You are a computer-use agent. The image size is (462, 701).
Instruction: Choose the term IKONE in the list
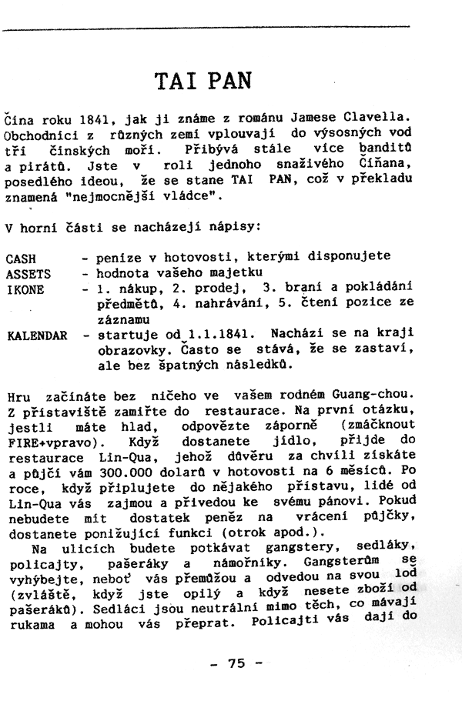[25, 289]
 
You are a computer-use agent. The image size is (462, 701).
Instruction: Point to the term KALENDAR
[37, 336]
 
